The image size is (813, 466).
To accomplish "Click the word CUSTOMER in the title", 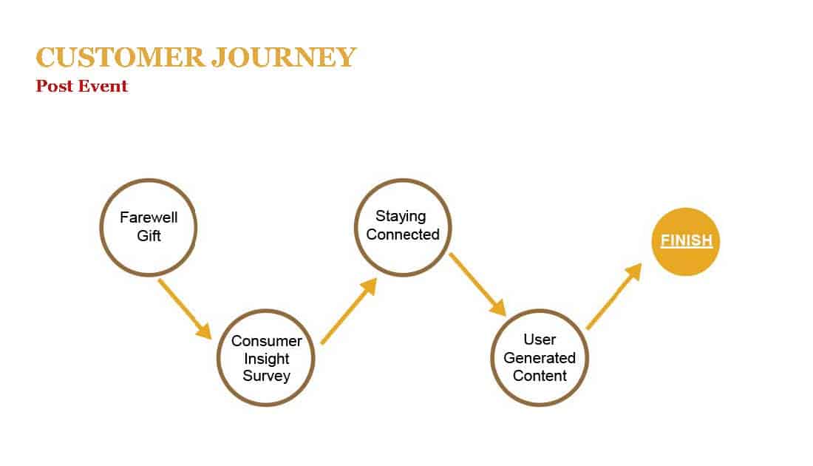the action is pos(120,57).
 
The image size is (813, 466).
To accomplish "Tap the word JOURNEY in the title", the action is pos(284,57).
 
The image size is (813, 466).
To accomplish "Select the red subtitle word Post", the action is pos(55,86).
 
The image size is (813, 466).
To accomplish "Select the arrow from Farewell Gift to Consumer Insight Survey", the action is pos(185,309).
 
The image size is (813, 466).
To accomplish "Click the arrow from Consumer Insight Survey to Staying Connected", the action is pos(349,311).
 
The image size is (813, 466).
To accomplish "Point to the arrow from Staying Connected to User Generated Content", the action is pos(477,285).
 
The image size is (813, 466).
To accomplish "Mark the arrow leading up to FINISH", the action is pos(614,296).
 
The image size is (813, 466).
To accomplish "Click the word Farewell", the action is pos(149,217).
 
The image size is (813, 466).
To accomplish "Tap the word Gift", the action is pos(149,236).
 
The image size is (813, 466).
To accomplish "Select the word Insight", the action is pos(267,359).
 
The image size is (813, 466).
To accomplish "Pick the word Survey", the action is pos(267,376).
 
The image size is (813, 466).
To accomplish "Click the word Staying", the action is pos(401,216).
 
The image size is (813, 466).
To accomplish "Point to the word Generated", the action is pos(540,357).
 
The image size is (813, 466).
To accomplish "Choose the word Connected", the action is pos(403,234).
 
